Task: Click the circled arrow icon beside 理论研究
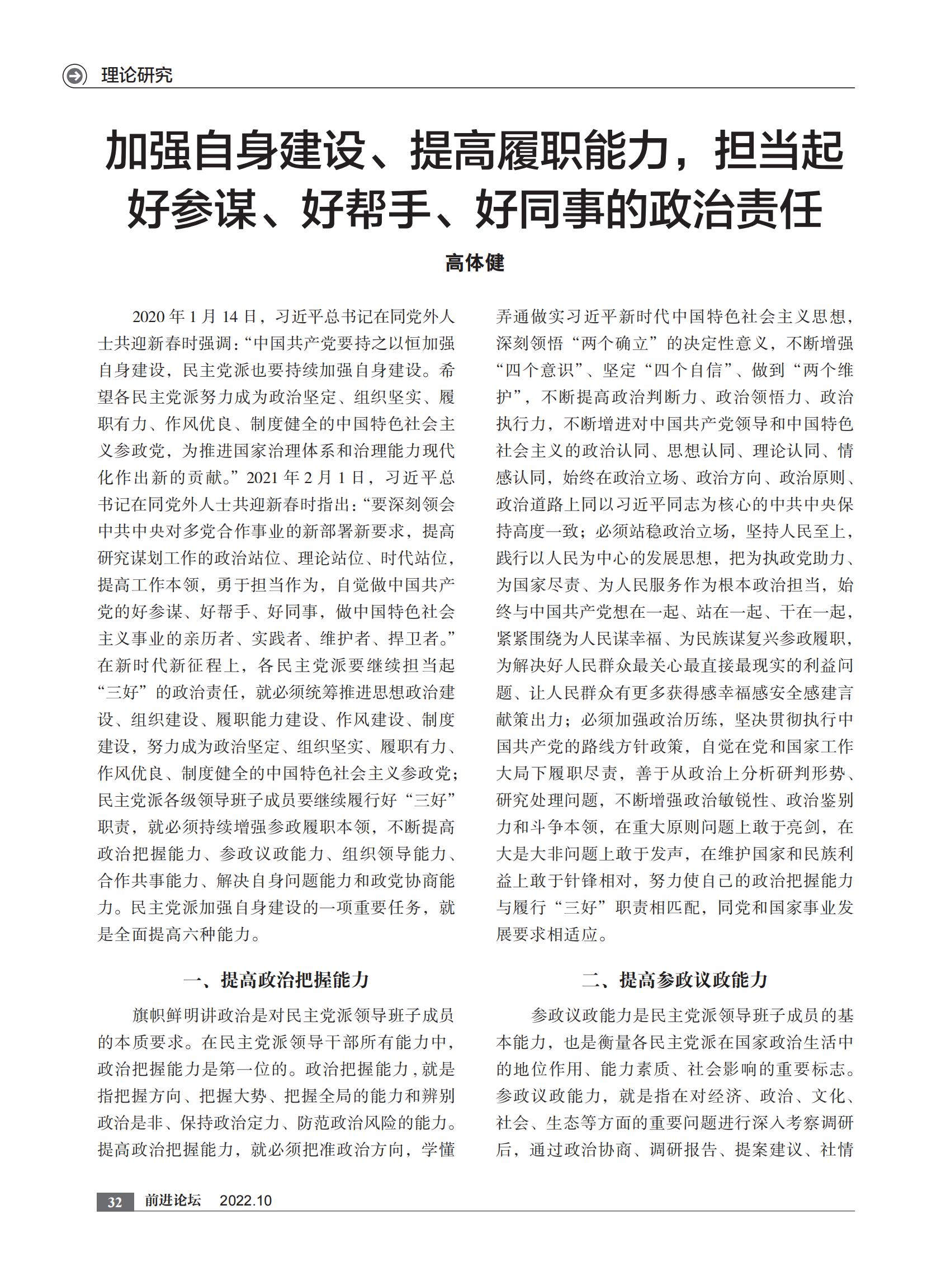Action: (74, 75)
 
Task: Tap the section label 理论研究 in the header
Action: (136, 75)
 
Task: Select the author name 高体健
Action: (475, 263)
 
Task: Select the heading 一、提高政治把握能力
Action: (276, 979)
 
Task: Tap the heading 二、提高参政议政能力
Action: (674, 979)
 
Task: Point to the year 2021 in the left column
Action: (264, 478)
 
